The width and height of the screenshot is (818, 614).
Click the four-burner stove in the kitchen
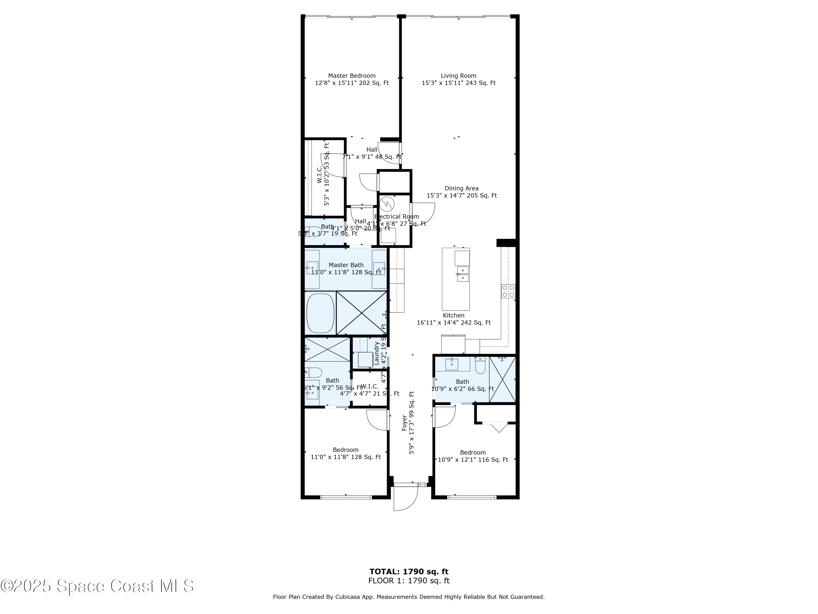click(x=508, y=291)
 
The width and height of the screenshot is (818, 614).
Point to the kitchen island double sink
click(x=463, y=274)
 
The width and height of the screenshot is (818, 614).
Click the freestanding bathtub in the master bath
click(x=320, y=313)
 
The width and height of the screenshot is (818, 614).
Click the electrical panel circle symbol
click(x=387, y=204)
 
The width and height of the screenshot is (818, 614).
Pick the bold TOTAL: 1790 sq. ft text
click(x=409, y=572)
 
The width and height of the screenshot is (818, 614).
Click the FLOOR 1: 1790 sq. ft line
click(x=409, y=581)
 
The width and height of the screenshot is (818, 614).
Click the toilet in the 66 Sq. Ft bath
click(x=480, y=365)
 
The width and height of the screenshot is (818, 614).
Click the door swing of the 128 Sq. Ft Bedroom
click(x=377, y=420)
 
